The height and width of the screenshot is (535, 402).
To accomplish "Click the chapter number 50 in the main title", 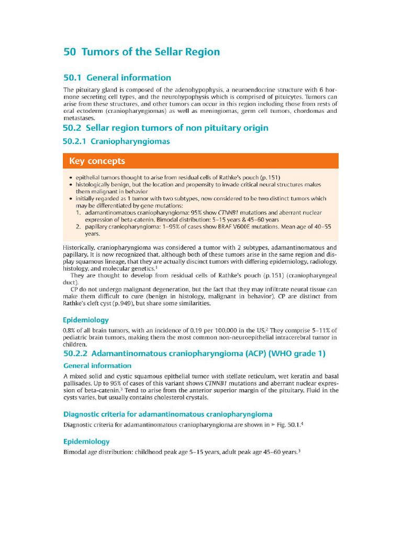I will [x=70, y=52].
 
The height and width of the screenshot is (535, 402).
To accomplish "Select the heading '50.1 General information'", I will [x=117, y=78].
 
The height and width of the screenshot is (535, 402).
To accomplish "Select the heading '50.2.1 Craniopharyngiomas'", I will [x=116, y=142].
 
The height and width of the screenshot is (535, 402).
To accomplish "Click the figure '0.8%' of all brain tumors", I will [x=71, y=330].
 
